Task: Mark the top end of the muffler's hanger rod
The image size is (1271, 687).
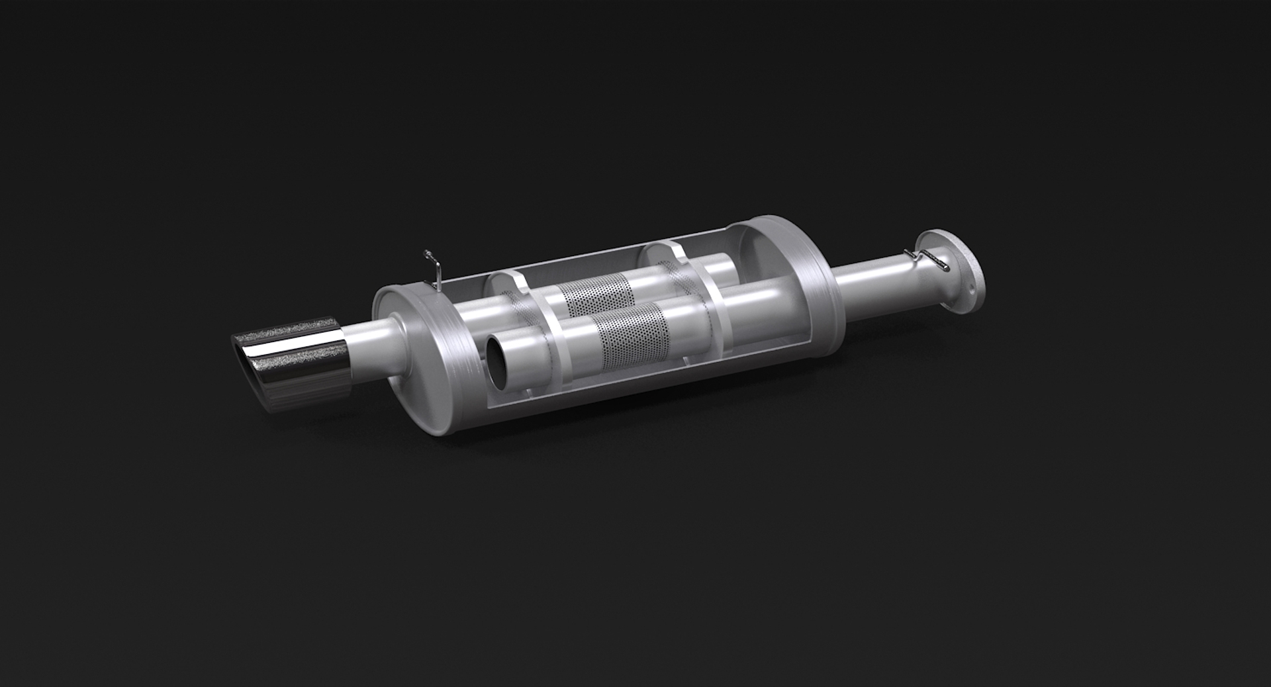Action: [x=427, y=253]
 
